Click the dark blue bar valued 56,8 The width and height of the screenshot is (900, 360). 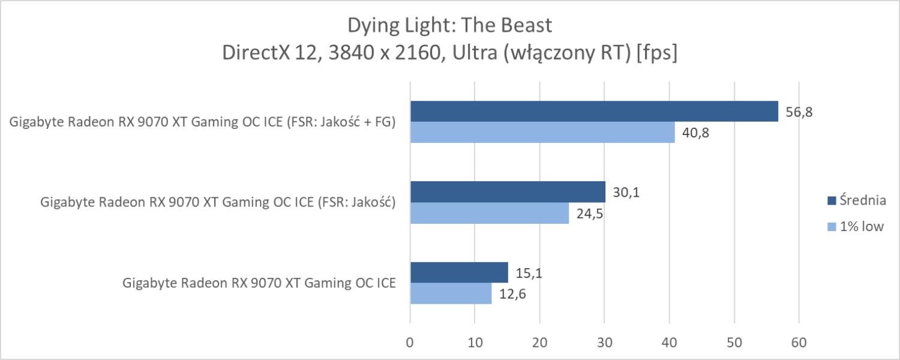point(594,112)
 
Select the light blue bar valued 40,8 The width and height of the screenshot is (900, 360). point(542,133)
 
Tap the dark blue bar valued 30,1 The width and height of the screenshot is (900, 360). point(508,192)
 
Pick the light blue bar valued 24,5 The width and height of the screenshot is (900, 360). point(490,213)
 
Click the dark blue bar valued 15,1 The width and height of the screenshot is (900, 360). point(459,272)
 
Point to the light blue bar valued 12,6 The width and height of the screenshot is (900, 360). point(451,293)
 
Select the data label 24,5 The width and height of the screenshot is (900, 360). point(589,214)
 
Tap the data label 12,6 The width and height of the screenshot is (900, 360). point(511,294)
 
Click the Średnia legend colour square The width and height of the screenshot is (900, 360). point(832,200)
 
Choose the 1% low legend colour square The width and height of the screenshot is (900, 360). point(832,226)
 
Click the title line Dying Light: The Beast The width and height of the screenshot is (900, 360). point(449,26)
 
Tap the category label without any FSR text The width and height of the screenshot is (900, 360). point(259,283)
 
